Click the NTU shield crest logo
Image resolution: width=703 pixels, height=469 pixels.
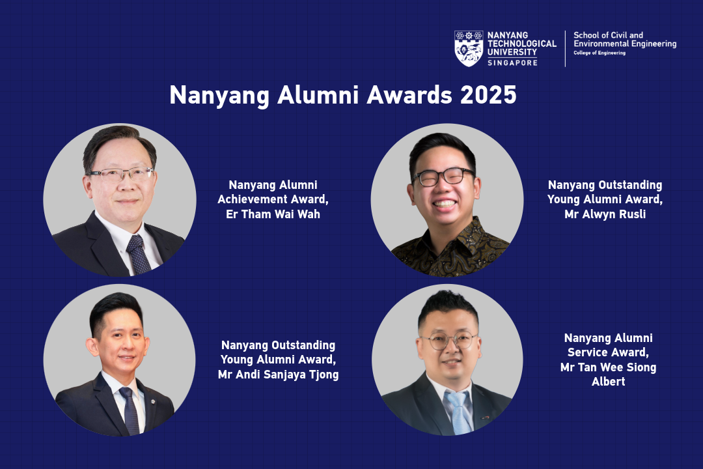click(x=469, y=48)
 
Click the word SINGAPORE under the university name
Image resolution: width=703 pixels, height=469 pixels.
click(x=512, y=63)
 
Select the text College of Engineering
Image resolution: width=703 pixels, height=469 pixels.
click(x=600, y=53)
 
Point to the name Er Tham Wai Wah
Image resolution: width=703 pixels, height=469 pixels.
click(x=273, y=214)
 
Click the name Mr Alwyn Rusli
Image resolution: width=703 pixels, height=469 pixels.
click(x=605, y=214)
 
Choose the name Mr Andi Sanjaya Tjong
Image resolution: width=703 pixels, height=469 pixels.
click(x=279, y=375)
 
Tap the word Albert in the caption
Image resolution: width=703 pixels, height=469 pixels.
click(x=609, y=382)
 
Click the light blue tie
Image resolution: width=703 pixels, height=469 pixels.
click(x=458, y=412)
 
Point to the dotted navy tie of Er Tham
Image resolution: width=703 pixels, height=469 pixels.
click(x=137, y=255)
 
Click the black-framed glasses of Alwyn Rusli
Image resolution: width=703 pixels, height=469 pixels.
click(x=443, y=177)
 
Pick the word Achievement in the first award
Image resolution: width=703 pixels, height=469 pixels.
click(x=253, y=199)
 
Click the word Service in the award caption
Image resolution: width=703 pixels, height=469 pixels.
click(x=586, y=352)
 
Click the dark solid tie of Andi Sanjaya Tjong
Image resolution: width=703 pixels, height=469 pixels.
click(x=130, y=410)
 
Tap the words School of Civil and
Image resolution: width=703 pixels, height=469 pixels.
click(x=609, y=35)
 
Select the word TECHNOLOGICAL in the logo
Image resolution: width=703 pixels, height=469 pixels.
click(x=522, y=44)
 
